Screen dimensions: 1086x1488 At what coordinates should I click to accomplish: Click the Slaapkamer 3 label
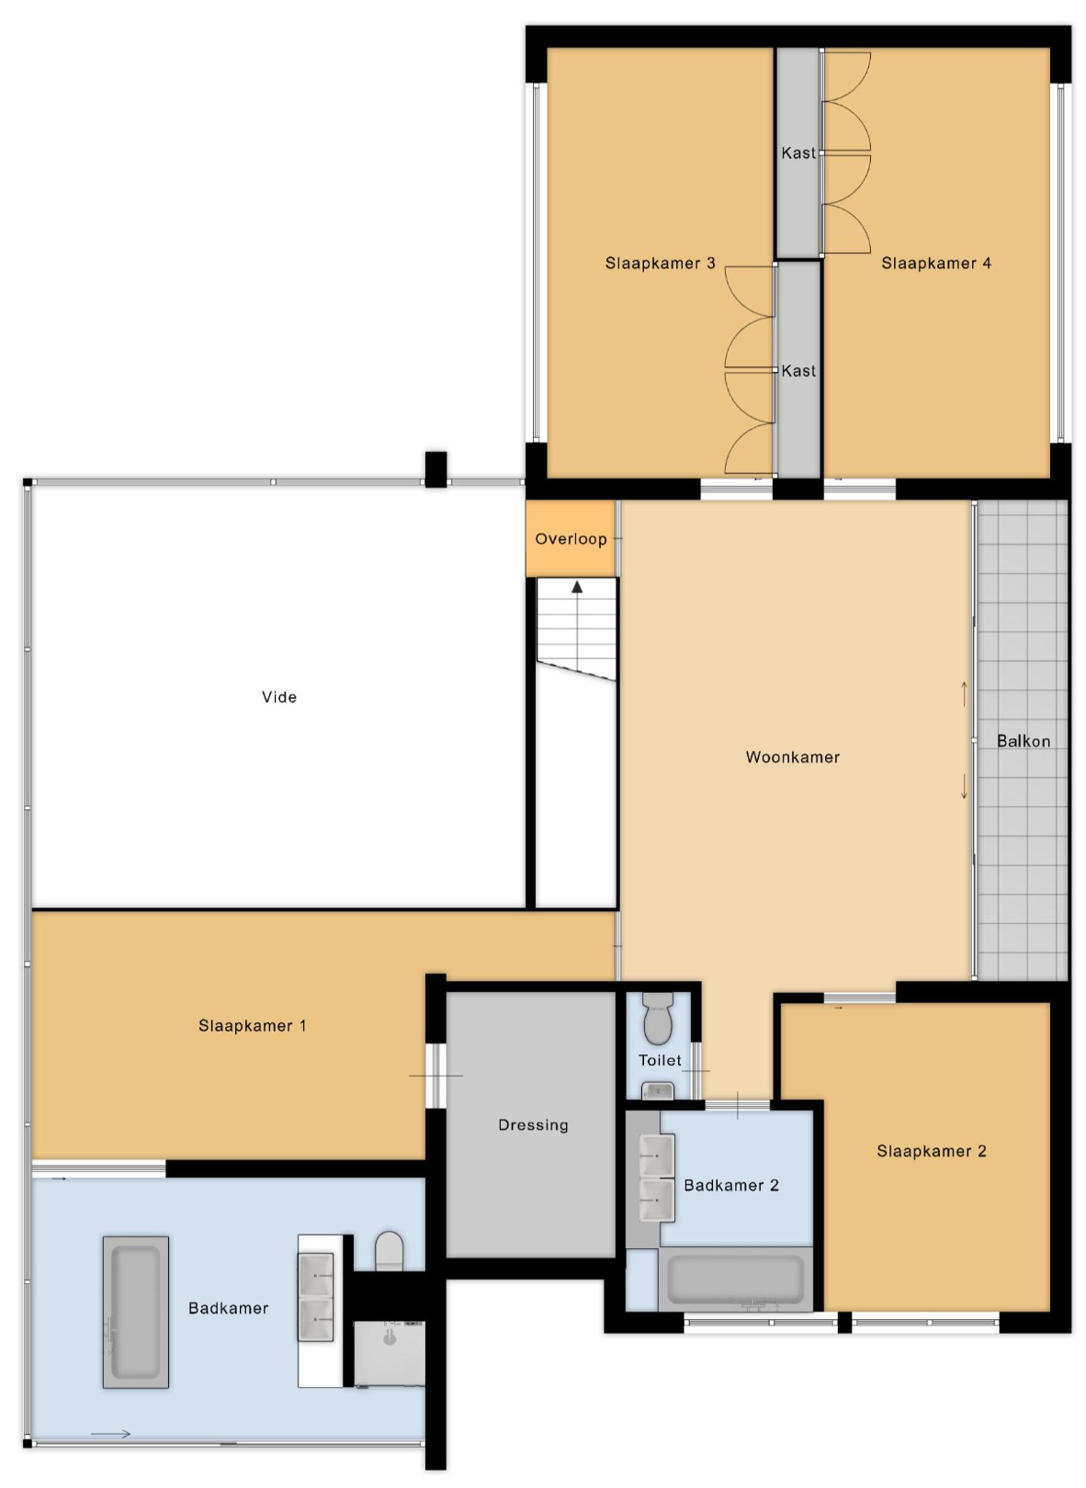point(660,263)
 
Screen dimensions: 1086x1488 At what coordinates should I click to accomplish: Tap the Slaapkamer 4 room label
point(936,263)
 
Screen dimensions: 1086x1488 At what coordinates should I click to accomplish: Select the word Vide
point(279,697)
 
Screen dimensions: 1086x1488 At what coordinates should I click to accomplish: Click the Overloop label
point(571,539)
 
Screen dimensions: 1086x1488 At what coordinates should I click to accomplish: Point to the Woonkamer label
point(792,757)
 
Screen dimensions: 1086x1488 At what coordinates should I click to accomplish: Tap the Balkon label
point(1023,740)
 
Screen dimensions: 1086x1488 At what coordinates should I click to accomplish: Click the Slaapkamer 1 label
point(253,1026)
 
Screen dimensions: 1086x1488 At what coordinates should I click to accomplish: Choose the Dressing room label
point(533,1124)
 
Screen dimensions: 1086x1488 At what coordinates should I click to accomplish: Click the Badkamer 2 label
point(731,1185)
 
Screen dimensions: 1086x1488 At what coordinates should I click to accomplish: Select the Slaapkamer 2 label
point(931,1151)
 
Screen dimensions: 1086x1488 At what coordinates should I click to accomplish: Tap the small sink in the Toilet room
point(657,1090)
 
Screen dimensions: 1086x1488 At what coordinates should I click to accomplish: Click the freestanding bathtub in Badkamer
point(136,1312)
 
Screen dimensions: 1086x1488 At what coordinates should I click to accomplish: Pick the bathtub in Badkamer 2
point(735,1279)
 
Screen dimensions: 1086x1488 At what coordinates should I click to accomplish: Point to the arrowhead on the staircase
point(577,587)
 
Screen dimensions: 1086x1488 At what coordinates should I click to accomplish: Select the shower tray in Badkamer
point(389,1354)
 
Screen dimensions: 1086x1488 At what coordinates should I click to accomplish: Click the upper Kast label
point(798,152)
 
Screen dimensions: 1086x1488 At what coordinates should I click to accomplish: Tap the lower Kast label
point(798,371)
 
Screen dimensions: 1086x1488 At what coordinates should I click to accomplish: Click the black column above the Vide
point(436,469)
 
